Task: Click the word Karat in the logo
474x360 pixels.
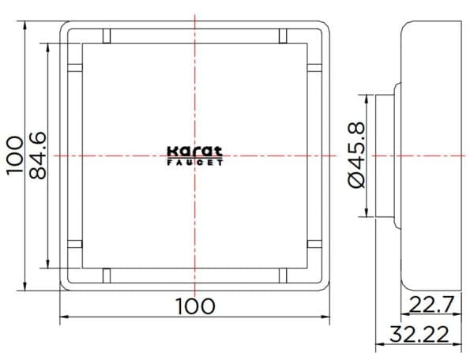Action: pyautogui.click(x=195, y=152)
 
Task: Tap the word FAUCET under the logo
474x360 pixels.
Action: pyautogui.click(x=195, y=163)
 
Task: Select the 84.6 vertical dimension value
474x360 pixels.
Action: pyautogui.click(x=39, y=156)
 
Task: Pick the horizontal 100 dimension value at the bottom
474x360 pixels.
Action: pyautogui.click(x=194, y=306)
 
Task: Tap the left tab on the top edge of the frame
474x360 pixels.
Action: pyautogui.click(x=107, y=36)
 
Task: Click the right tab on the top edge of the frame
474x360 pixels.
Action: pyautogui.click(x=282, y=36)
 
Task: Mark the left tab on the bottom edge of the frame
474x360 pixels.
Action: pyautogui.click(x=107, y=276)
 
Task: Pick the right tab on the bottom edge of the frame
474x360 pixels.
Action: pyautogui.click(x=282, y=276)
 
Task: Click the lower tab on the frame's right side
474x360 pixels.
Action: pyautogui.click(x=314, y=245)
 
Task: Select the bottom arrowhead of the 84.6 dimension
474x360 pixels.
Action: pyautogui.click(x=51, y=265)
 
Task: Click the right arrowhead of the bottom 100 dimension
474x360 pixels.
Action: pyautogui.click(x=325, y=317)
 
